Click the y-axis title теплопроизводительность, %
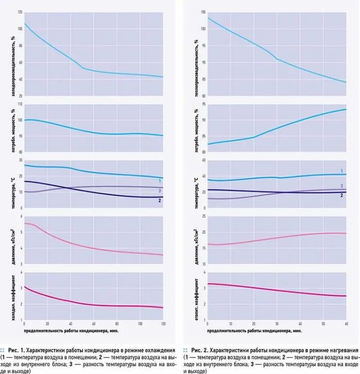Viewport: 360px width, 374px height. tap(196, 53)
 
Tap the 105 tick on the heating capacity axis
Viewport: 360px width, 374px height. tap(203, 11)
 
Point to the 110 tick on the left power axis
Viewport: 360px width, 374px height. tap(20, 104)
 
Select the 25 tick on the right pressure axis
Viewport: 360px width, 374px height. tap(203, 216)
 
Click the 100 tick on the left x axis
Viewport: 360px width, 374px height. tap(140, 324)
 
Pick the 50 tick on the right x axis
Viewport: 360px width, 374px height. tap(323, 324)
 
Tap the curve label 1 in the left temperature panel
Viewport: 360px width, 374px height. tap(160, 181)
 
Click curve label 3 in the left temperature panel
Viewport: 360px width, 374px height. tap(160, 191)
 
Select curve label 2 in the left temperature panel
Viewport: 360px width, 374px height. tap(160, 200)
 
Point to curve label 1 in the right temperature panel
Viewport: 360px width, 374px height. tap(341, 170)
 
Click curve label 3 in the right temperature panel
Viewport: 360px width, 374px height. tap(341, 185)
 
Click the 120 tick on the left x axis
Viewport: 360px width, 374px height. tap(163, 324)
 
